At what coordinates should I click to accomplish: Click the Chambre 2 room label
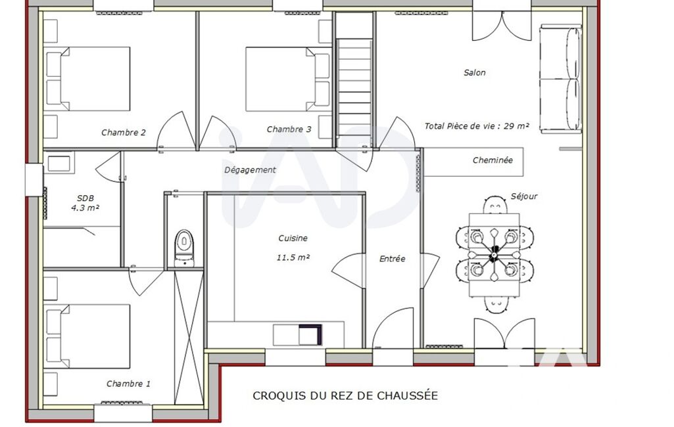124,132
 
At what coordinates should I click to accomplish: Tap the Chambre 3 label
289,129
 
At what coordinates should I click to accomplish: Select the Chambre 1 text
128,384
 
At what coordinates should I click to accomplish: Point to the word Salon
475,73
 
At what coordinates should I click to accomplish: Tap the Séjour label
524,196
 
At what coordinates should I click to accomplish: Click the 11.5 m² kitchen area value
293,258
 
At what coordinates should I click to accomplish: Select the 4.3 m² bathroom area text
85,208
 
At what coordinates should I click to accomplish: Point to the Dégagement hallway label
250,170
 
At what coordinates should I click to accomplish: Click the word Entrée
392,259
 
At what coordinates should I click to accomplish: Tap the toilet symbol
184,248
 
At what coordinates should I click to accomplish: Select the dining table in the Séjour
494,255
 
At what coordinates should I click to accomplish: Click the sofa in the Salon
560,79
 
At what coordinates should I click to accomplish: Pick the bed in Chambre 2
87,79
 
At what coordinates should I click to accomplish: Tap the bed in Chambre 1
87,336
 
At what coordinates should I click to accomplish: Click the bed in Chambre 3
288,79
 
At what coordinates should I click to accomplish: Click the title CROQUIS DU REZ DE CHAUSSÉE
345,395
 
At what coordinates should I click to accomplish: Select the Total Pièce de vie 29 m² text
477,126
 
